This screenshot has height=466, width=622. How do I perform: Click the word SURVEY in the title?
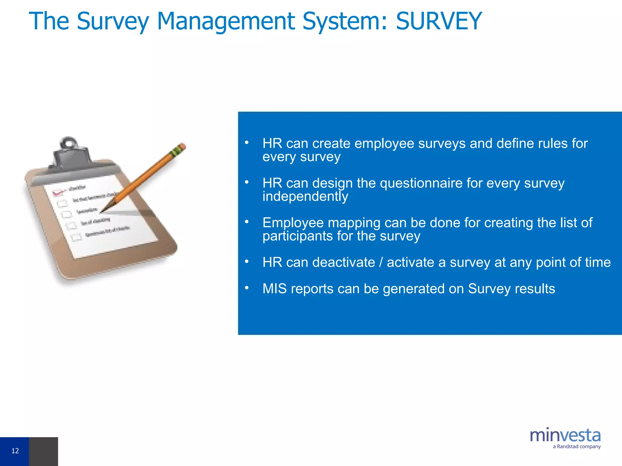(439, 21)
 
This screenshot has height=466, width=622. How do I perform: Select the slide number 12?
(15, 451)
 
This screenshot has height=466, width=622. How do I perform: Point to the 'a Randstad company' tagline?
(576, 447)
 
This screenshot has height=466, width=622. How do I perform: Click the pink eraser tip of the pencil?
(182, 146)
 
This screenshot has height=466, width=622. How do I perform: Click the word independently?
(305, 196)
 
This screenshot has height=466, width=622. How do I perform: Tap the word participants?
(297, 236)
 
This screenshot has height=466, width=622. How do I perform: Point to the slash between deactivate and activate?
(381, 262)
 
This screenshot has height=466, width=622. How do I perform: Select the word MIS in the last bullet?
(274, 289)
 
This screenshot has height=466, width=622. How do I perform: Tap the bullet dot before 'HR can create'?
(247, 142)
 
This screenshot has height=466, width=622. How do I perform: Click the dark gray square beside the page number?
(43, 451)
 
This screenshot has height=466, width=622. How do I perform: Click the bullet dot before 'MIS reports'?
(247, 287)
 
